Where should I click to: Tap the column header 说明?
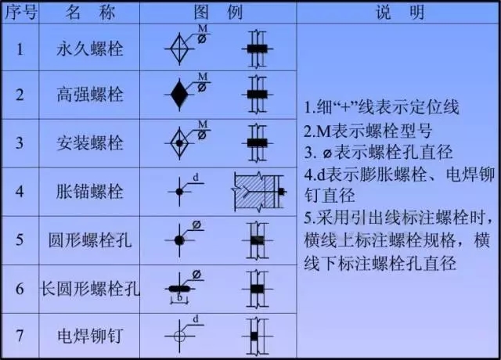coord(399,12)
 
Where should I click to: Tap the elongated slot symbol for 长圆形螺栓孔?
coord(180,288)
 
